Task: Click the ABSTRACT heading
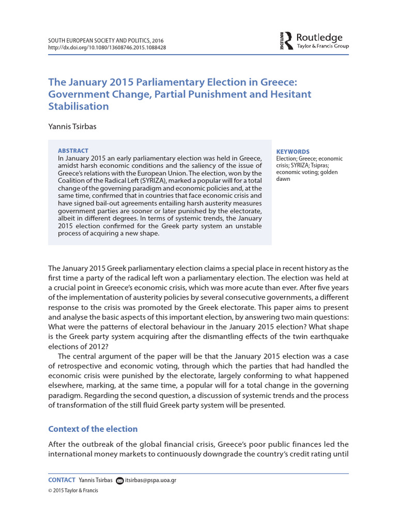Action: pyautogui.click(x=73, y=150)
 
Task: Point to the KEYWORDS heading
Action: pyautogui.click(x=293, y=152)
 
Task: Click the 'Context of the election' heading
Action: pyautogui.click(x=93, y=429)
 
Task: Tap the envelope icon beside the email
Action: pyautogui.click(x=120, y=480)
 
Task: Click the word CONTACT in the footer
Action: pyautogui.click(x=62, y=480)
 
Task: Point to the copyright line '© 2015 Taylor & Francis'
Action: pyautogui.click(x=72, y=491)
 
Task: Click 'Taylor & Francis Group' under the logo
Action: pyautogui.click(x=323, y=46)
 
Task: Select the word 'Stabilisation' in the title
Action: pyautogui.click(x=79, y=106)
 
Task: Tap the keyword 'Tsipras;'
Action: pyautogui.click(x=326, y=166)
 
